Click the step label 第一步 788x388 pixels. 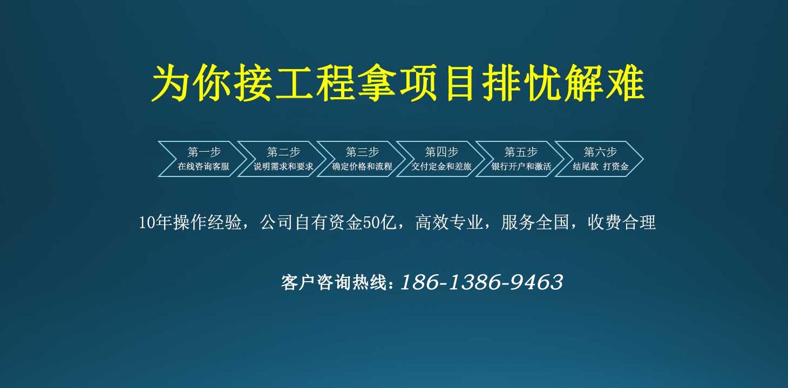[204, 152]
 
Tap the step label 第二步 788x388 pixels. [283, 152]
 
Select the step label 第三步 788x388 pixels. [362, 152]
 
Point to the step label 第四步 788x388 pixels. [441, 152]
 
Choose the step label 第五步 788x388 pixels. [521, 152]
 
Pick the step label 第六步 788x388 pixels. [600, 152]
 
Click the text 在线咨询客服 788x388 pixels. [203, 166]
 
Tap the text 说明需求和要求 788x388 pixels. [283, 166]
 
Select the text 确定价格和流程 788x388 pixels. [362, 166]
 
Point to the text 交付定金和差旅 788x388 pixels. [441, 166]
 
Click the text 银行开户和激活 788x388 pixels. [521, 166]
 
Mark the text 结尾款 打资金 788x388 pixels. [601, 166]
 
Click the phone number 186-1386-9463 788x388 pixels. [481, 282]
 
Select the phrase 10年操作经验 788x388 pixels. [191, 222]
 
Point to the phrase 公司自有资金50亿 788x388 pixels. [328, 222]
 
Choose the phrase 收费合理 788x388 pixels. [622, 222]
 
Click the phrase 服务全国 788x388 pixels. [535, 222]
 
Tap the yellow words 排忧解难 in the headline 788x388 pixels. [563, 83]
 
